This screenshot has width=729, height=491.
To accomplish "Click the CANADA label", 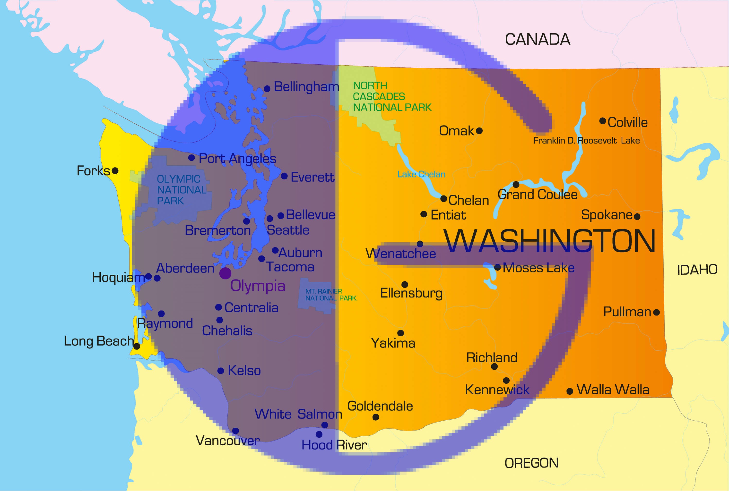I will pyautogui.click(x=538, y=39).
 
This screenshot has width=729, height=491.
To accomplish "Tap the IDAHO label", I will pyautogui.click(x=697, y=270).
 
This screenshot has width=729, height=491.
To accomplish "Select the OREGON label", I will pyautogui.click(x=531, y=463).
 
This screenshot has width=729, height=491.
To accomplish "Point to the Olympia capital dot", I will pyautogui.click(x=225, y=273).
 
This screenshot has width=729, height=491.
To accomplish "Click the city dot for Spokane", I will pyautogui.click(x=637, y=216).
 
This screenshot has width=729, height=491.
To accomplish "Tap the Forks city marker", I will pyautogui.click(x=115, y=171).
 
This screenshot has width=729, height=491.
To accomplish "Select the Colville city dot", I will pyautogui.click(x=602, y=121).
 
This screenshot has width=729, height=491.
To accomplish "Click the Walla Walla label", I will pyautogui.click(x=613, y=389).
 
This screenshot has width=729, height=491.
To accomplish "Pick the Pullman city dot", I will pyautogui.click(x=657, y=312).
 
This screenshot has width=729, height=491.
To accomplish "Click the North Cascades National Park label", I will pyautogui.click(x=392, y=96).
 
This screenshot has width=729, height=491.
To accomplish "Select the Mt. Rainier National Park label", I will pyautogui.click(x=330, y=295).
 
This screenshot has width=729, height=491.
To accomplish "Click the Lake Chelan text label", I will pyautogui.click(x=421, y=174).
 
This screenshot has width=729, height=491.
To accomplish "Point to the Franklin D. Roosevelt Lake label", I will pyautogui.click(x=586, y=141).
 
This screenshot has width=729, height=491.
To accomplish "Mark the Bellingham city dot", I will pyautogui.click(x=267, y=89).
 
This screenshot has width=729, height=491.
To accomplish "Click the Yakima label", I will pyautogui.click(x=393, y=343).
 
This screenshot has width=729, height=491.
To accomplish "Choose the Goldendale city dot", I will pyautogui.click(x=376, y=417).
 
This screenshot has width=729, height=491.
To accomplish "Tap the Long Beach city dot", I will pyautogui.click(x=137, y=346).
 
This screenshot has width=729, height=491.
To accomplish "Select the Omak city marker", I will pyautogui.click(x=479, y=131).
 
